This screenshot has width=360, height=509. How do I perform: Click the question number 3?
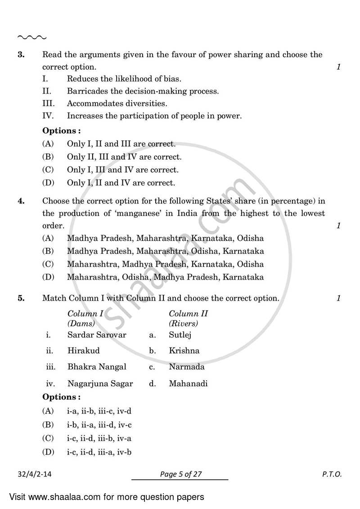(21, 55)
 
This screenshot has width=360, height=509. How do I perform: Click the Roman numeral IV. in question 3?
(48, 116)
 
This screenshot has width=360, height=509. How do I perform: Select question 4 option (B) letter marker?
(48, 251)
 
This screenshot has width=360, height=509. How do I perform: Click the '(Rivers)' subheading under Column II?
(183, 323)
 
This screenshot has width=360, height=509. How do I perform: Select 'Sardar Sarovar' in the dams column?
(97, 335)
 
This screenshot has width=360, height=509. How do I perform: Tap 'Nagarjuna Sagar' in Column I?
(100, 384)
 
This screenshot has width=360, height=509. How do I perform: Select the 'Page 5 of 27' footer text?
(180, 474)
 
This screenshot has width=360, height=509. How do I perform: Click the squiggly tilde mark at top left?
(31, 37)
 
